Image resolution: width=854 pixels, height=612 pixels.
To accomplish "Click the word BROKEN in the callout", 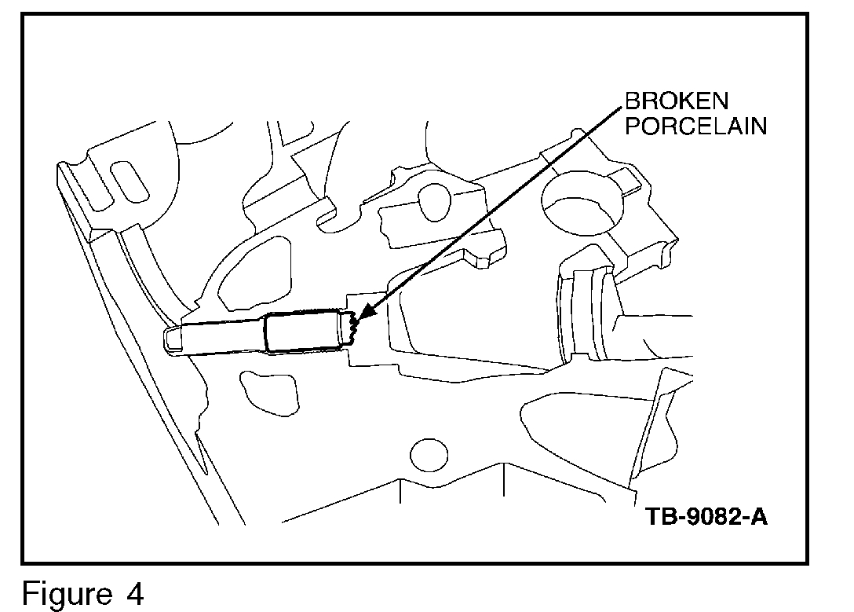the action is coord(676,101).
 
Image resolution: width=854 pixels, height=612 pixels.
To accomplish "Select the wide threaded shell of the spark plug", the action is coord(302,332).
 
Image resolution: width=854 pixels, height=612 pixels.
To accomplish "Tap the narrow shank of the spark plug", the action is coord(224,338).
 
